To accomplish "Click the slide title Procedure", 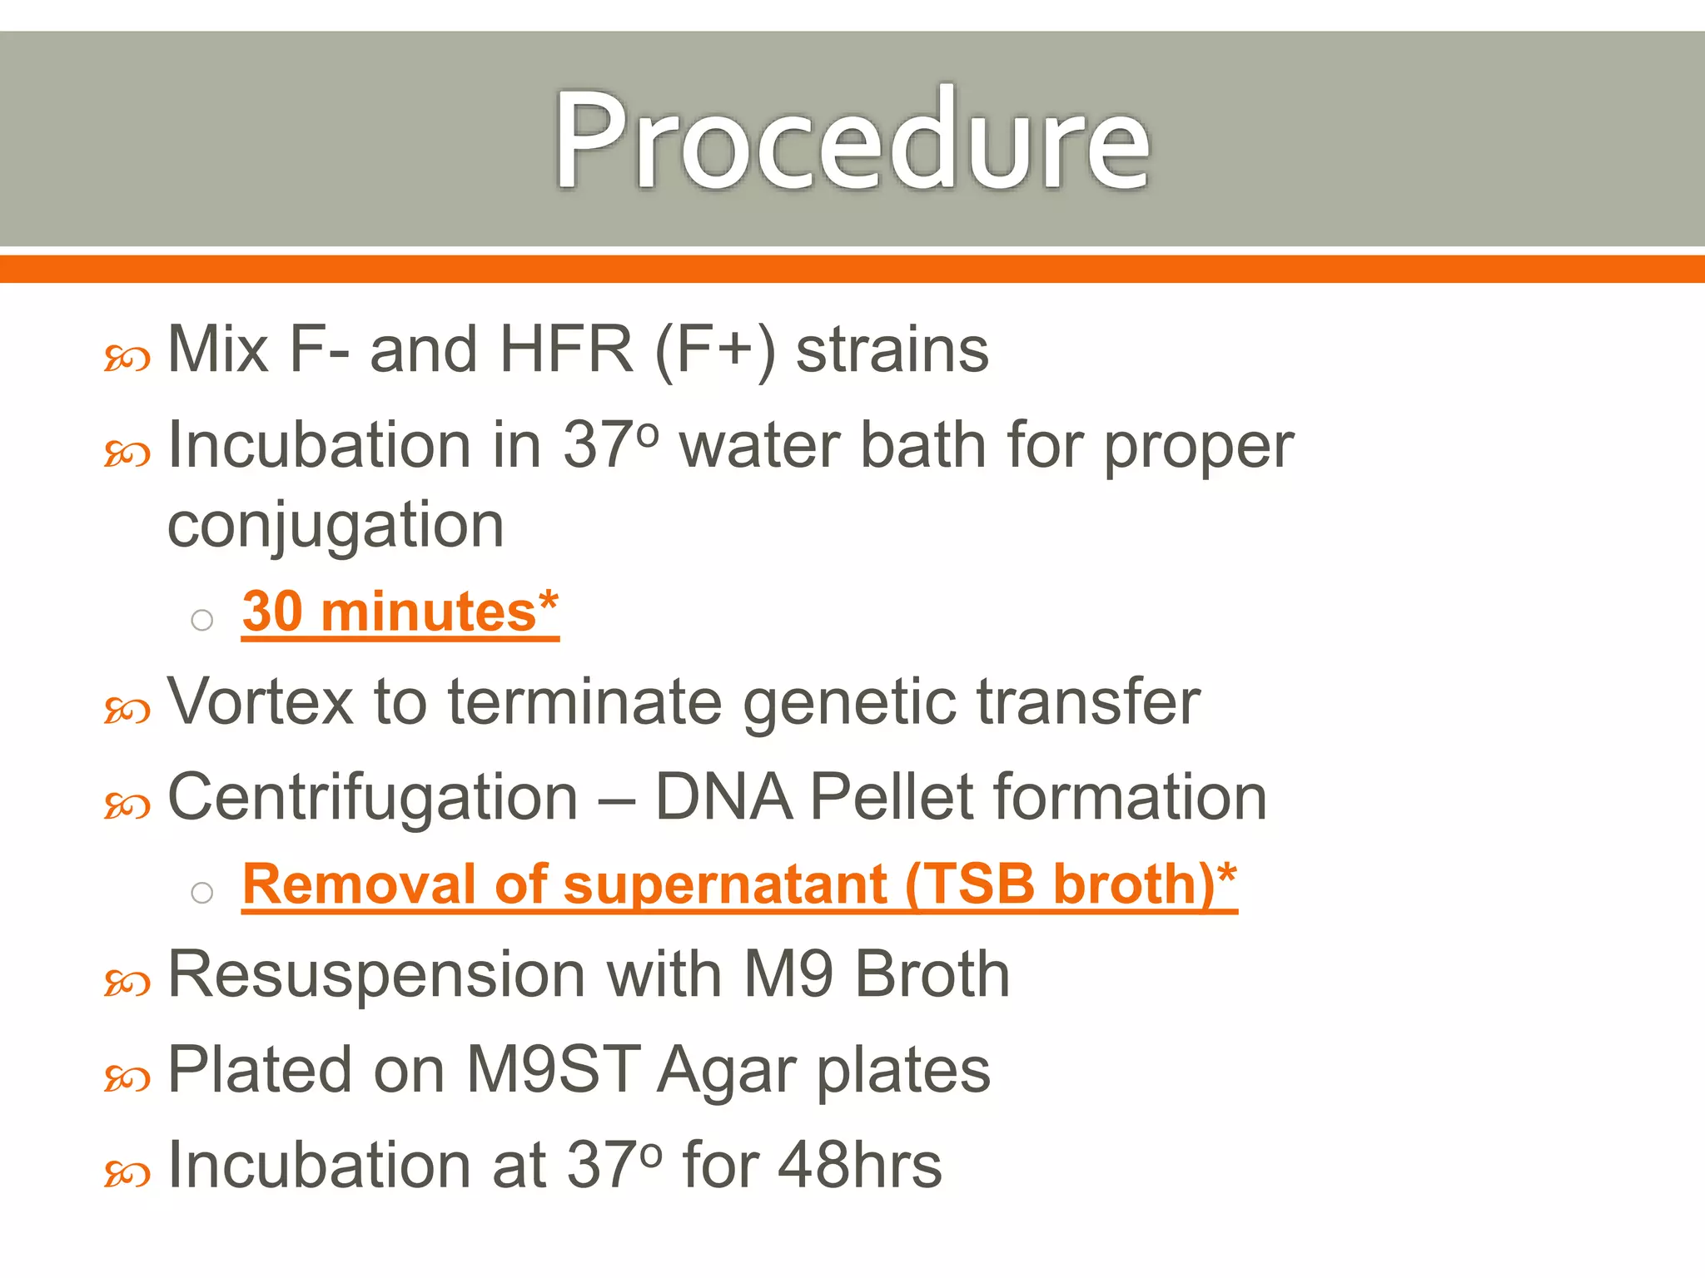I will (852, 140).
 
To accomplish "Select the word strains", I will (892, 349).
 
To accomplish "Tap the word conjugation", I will (336, 527).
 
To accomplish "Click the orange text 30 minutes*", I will (400, 612).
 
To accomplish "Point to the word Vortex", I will (261, 701).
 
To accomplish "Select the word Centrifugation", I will (372, 797).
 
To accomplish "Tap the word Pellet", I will (892, 797).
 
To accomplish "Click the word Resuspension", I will (376, 975).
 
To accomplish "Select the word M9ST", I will (553, 1069).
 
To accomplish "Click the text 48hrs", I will (859, 1165).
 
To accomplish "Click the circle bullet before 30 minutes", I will (202, 620).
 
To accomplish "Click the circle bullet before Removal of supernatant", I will (202, 893).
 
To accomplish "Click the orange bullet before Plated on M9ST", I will (127, 1079).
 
